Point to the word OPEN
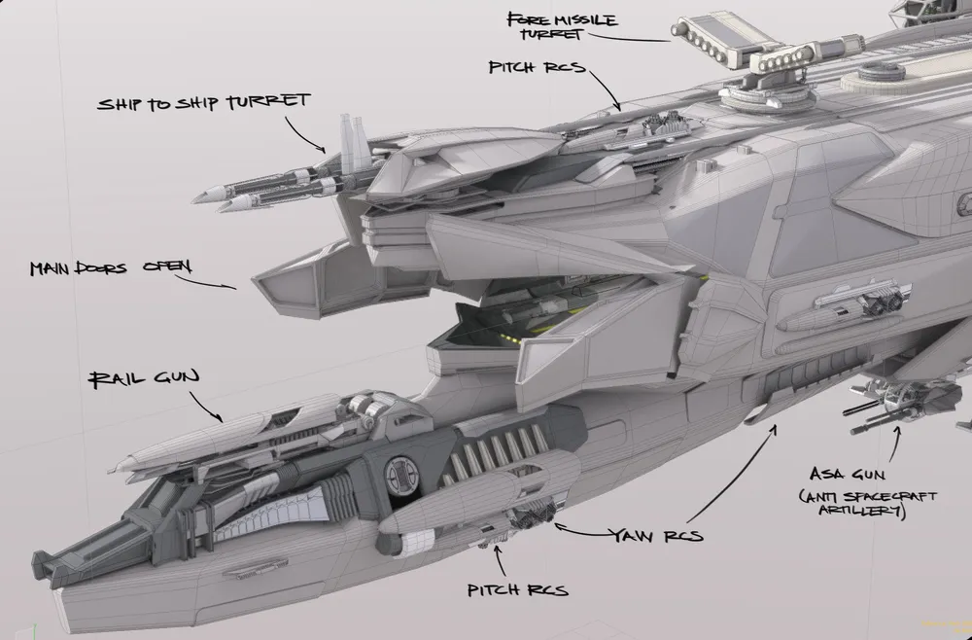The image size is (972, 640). pyautogui.click(x=167, y=267)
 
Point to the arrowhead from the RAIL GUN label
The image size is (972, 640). pyautogui.click(x=221, y=419)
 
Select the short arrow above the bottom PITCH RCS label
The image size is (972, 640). pyautogui.click(x=500, y=562)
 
